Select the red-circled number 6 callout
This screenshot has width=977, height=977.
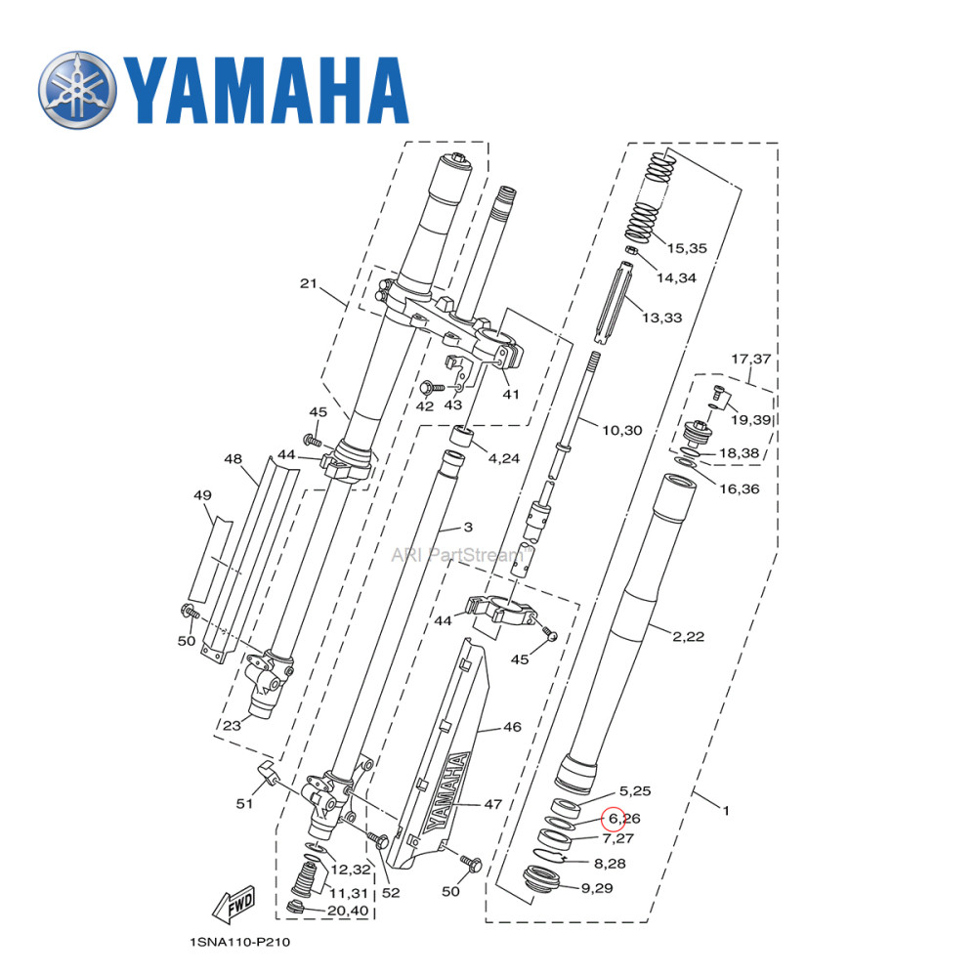pos(614,818)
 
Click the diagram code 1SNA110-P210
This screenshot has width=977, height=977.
pos(239,943)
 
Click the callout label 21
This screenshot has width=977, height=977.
pos(309,284)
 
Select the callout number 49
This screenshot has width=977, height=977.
pos(202,495)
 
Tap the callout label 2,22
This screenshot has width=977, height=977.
pos(688,636)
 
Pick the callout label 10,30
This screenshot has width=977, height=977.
pos(621,430)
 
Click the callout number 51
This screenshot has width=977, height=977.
pos(244,803)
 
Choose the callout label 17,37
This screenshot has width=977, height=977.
pos(750,359)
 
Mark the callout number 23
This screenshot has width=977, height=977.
pos(232,725)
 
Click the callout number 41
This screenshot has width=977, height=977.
pos(511,395)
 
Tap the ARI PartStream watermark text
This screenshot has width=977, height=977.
pos(460,554)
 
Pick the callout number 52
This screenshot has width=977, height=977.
pos(391,892)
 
